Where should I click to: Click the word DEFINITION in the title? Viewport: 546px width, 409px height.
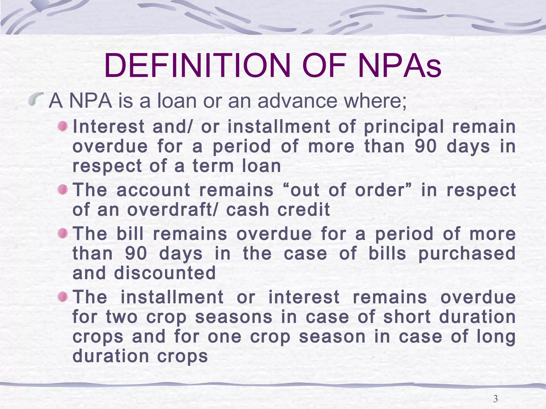pos(197,66)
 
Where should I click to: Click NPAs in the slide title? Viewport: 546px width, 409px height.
pos(399,66)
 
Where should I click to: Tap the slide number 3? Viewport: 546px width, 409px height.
pos(495,399)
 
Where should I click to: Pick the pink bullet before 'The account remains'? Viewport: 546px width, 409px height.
pos(63,190)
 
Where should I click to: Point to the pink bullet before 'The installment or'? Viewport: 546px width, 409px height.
pos(63,297)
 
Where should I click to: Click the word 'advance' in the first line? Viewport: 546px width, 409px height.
pos(296,101)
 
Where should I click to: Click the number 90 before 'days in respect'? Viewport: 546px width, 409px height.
pos(426,146)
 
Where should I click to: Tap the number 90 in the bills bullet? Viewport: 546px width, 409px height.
pos(136,253)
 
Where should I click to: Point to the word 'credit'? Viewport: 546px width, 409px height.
pos(304,210)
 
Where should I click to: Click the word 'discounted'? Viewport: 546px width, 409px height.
pos(165,273)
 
